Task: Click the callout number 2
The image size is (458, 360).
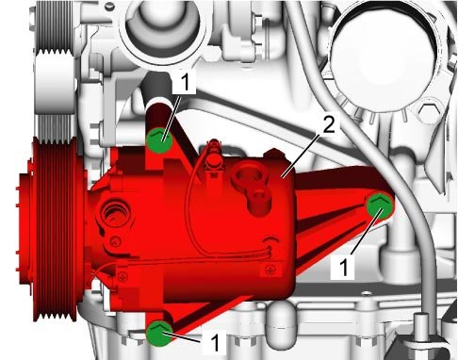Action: point(329,125)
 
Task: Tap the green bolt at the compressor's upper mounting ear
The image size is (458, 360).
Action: point(159,140)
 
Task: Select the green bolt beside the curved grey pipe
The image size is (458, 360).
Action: point(380,205)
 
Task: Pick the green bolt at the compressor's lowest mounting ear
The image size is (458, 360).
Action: point(159,334)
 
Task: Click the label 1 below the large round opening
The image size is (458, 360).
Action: point(186,82)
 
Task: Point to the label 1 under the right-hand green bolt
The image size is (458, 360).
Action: point(344,267)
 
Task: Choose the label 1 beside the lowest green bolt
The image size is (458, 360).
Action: point(215,343)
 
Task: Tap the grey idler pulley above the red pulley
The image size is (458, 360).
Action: point(55,83)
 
